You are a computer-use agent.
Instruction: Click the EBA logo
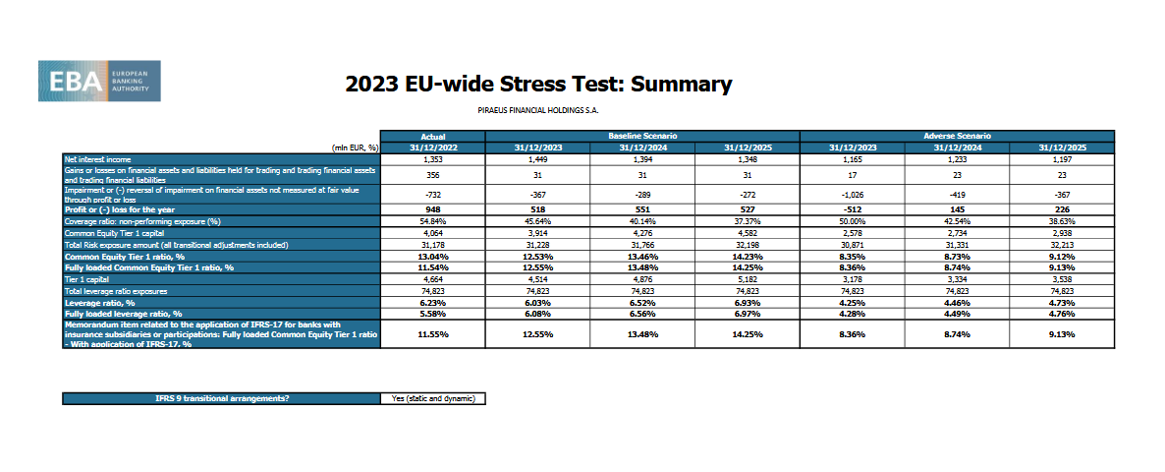pyautogui.click(x=99, y=81)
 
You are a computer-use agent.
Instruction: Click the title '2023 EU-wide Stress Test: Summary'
pyautogui.click(x=538, y=84)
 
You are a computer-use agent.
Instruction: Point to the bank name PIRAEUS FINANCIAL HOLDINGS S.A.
pyautogui.click(x=537, y=110)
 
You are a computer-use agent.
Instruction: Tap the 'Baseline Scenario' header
pyautogui.click(x=643, y=135)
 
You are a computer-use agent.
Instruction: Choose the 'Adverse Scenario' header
pyautogui.click(x=958, y=135)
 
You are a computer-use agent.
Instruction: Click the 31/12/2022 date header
pyautogui.click(x=433, y=147)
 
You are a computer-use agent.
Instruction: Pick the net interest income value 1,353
pyautogui.click(x=433, y=158)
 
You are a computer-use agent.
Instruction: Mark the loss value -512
pyautogui.click(x=853, y=209)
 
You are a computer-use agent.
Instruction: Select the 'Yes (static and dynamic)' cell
pyautogui.click(x=433, y=398)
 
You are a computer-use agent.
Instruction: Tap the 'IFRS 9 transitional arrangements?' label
pyautogui.click(x=221, y=398)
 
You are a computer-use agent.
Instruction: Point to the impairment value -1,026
pyautogui.click(x=853, y=195)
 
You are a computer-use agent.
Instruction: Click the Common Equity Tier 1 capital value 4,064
pyautogui.click(x=433, y=232)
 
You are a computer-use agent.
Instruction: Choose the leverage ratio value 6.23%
pyautogui.click(x=433, y=303)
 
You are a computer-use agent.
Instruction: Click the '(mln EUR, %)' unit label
pyautogui.click(x=356, y=147)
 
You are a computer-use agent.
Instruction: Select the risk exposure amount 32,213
pyautogui.click(x=1063, y=243)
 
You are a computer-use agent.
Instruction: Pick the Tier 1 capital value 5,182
pyautogui.click(x=748, y=279)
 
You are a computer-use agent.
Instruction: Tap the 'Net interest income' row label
pyautogui.click(x=98, y=158)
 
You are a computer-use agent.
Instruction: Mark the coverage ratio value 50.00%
pyautogui.click(x=853, y=221)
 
